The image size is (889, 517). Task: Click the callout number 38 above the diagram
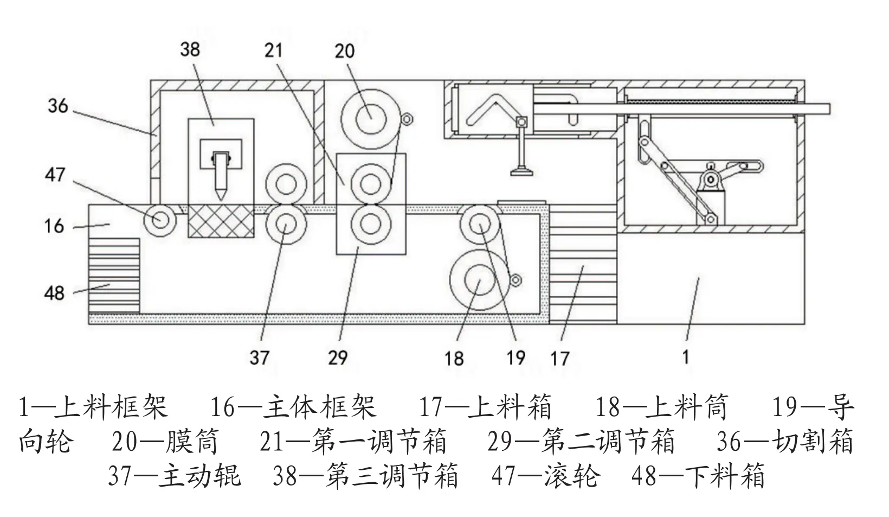190,50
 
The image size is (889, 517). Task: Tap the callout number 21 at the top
274,50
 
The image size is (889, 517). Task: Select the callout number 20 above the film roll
345,51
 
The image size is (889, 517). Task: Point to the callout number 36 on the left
58,105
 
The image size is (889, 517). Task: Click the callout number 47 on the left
55,175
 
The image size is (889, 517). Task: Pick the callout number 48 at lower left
54,293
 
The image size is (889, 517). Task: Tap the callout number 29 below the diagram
337,358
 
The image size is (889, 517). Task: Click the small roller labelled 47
160,220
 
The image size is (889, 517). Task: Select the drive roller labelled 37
285,224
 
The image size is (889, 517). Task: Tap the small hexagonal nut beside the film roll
407,119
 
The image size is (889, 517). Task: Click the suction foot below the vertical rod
522,173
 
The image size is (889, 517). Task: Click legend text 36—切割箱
784,442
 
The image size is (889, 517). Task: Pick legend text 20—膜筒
165,442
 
